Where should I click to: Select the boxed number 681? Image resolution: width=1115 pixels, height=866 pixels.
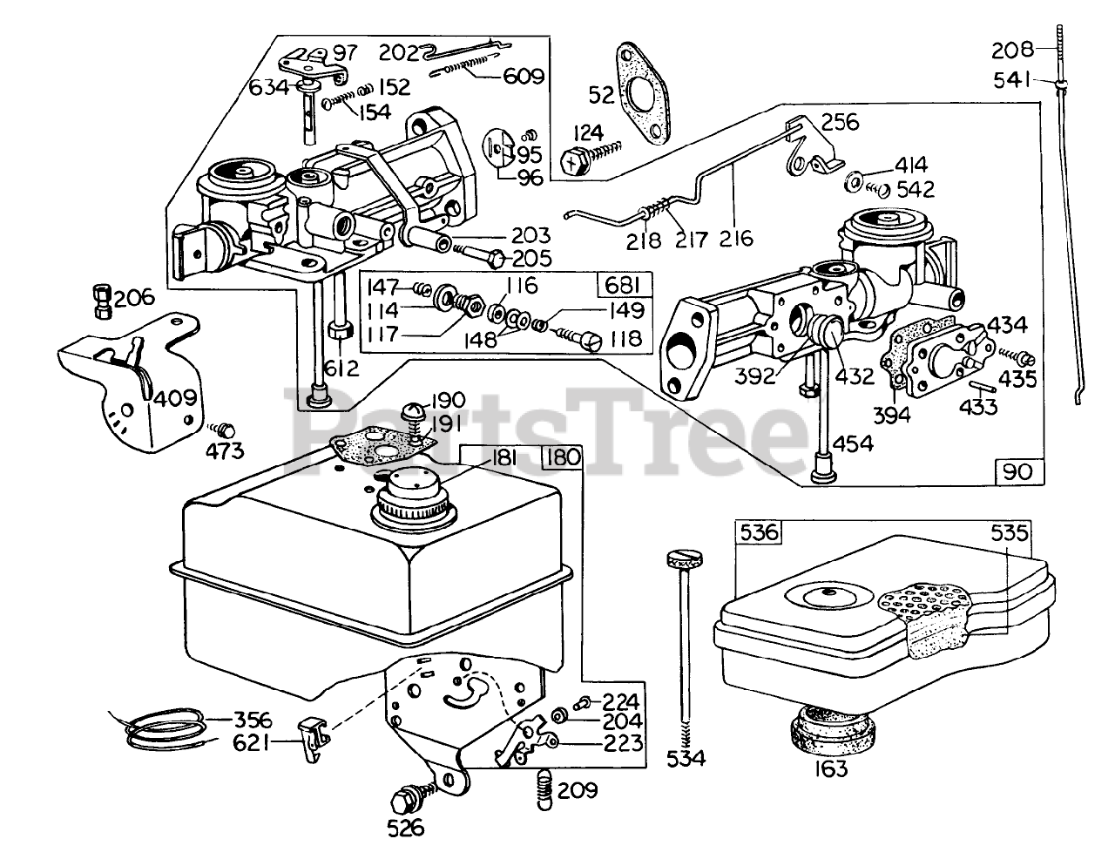[625, 286]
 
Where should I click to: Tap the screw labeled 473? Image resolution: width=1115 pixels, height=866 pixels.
[226, 429]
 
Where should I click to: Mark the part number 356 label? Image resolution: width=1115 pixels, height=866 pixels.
[253, 721]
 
